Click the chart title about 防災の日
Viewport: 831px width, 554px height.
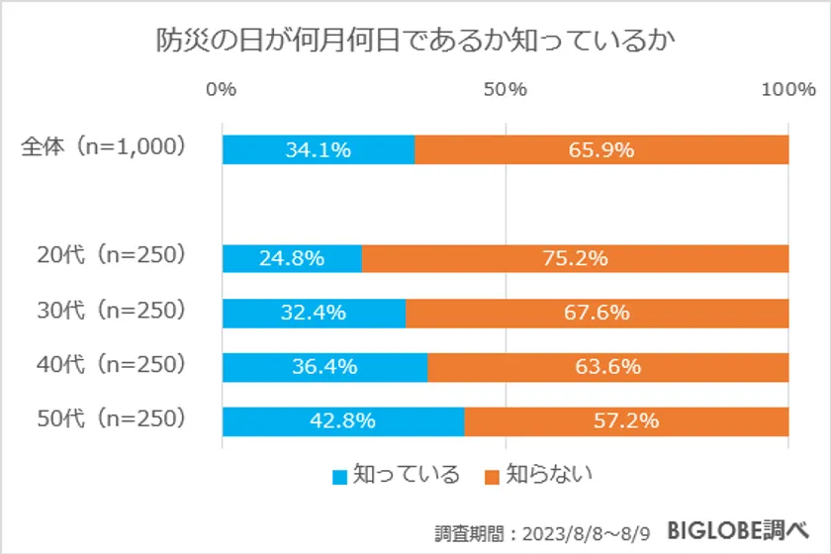[415, 41]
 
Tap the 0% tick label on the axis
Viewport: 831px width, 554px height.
[222, 90]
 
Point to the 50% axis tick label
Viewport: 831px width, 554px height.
[506, 90]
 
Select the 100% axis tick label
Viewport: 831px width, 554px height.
[787, 90]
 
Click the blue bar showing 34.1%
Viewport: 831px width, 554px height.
[318, 149]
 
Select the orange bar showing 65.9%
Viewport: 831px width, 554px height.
[601, 149]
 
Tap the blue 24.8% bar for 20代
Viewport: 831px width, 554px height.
[292, 259]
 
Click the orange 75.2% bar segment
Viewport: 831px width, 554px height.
[575, 259]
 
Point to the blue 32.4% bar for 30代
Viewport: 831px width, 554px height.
[314, 313]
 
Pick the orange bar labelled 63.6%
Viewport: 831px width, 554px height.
[607, 367]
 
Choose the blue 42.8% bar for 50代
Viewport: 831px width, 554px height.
[342, 420]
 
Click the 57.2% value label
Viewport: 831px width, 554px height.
[626, 420]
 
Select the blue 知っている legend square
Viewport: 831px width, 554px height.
[339, 476]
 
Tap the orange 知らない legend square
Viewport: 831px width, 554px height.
[492, 476]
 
